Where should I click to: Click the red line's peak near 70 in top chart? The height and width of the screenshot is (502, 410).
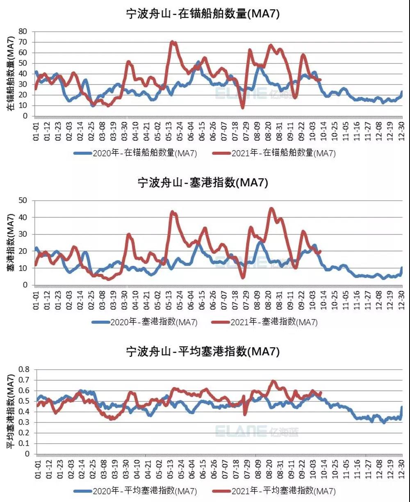tap(172, 42)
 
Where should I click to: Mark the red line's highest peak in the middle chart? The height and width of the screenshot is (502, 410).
tap(271, 208)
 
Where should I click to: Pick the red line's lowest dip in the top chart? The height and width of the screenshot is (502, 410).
tap(243, 107)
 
